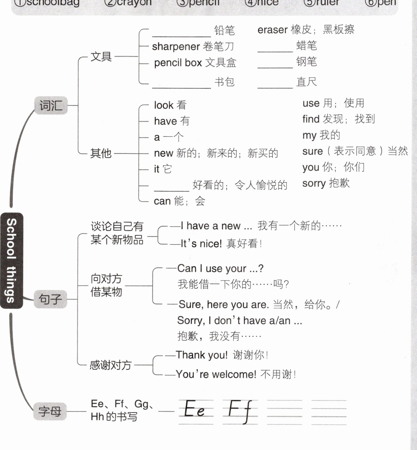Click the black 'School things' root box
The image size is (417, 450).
[11, 261]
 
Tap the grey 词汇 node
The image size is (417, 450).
[51, 105]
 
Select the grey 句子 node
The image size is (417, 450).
[50, 299]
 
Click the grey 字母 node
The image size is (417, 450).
[50, 411]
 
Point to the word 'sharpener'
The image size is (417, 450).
[176, 47]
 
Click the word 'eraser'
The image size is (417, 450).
[272, 30]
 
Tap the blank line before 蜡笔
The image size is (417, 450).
[275, 49]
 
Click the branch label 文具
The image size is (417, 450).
[101, 57]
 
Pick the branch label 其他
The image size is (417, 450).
[101, 153]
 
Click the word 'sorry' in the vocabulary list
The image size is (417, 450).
[314, 183]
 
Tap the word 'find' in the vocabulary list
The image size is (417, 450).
[311, 119]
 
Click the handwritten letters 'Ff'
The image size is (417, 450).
[240, 410]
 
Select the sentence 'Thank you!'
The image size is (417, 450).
[202, 355]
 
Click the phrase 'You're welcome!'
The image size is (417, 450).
[216, 374]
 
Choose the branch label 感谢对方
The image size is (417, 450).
[111, 365]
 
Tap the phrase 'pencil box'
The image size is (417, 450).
[178, 63]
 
